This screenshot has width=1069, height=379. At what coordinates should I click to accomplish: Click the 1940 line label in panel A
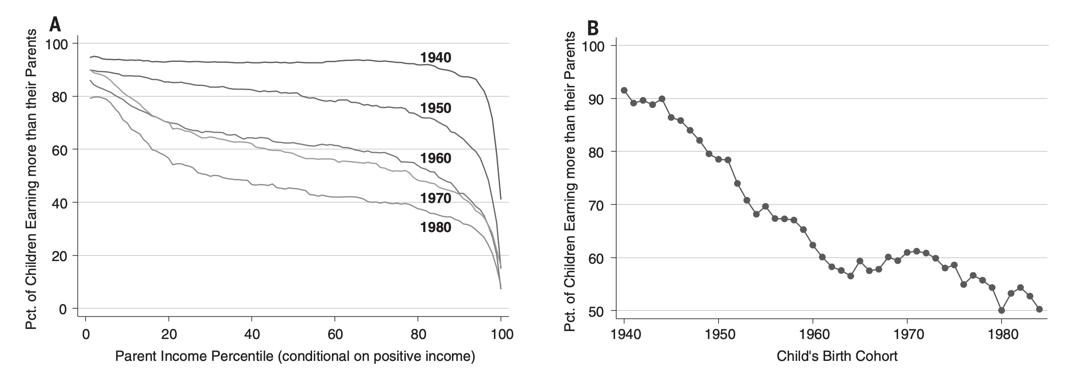(x=436, y=58)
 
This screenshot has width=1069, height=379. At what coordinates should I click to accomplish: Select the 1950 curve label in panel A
(x=436, y=109)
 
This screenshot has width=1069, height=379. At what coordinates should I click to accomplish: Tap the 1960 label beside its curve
(x=436, y=158)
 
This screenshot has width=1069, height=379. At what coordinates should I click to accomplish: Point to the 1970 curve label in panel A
(x=436, y=198)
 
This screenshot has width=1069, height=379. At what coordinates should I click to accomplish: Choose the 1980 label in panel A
(x=436, y=227)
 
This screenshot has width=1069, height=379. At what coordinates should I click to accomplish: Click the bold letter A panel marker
(x=55, y=25)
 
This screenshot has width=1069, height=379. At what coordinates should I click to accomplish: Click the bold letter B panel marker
(x=593, y=29)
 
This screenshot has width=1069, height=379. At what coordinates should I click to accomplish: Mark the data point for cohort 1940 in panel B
(x=624, y=91)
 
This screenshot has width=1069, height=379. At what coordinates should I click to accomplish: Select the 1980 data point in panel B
(x=1001, y=310)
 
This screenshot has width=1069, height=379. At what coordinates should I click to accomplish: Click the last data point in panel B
(x=1039, y=309)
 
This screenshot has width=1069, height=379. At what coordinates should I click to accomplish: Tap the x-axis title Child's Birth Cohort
(x=837, y=356)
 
